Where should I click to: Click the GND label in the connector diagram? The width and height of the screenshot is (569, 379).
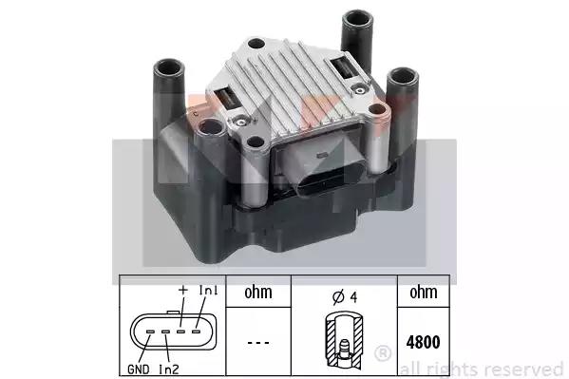139,370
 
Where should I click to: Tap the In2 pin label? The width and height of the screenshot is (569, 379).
169,370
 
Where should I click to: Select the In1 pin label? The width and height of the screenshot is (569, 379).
208,290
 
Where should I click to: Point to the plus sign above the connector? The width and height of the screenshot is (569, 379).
183,290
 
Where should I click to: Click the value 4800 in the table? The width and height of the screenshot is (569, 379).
423,342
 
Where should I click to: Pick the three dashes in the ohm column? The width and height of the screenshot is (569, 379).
258,343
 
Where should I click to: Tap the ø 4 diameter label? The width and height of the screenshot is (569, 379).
345,297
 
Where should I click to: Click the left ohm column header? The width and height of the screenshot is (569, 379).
258,293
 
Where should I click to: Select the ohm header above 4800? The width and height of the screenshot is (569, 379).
423,293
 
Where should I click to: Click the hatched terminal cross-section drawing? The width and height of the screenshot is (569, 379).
344,338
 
